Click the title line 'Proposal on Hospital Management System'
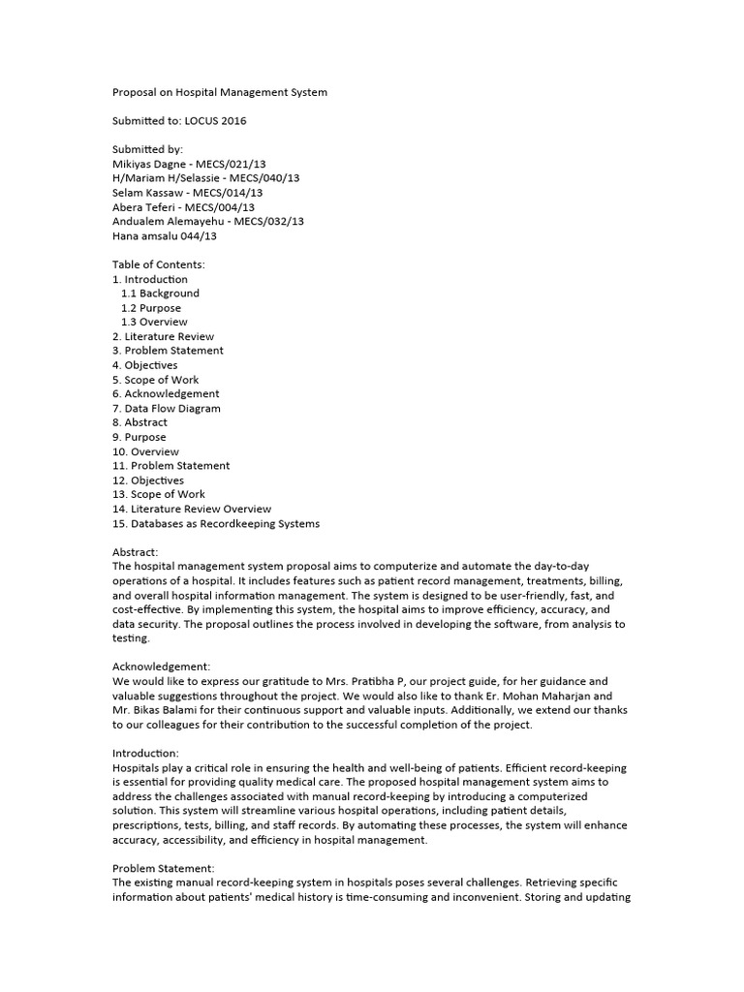220,92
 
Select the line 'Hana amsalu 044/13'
165,235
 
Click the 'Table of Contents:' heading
159,264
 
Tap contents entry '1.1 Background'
160,294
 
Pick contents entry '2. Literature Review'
164,336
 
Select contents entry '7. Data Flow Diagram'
167,408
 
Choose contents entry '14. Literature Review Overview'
192,509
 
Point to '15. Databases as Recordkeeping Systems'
215,523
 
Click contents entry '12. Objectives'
148,480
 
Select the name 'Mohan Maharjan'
579,696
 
